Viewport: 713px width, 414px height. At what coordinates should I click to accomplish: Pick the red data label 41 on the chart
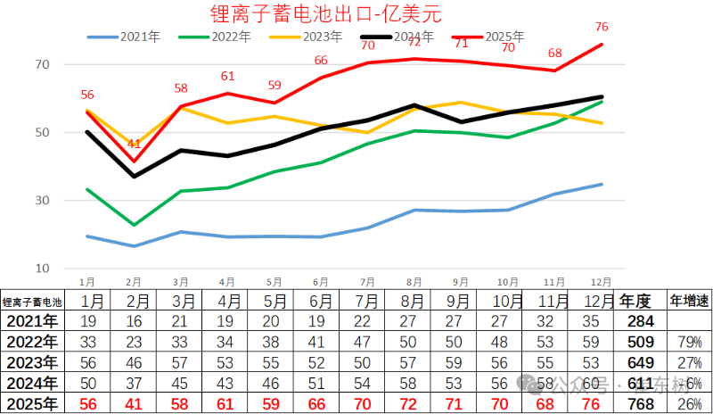tap(134, 144)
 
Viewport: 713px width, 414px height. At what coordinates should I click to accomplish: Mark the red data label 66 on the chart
tap(322, 60)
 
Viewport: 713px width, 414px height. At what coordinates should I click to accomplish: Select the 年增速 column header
tap(690, 301)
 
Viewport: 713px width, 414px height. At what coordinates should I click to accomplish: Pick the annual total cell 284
tap(640, 321)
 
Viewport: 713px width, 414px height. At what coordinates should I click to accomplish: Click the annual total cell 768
tap(640, 403)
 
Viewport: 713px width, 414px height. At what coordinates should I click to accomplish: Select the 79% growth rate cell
tap(691, 342)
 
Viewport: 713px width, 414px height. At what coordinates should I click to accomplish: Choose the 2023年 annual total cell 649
tap(640, 362)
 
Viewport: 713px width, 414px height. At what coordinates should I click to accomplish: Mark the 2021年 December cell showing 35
tap(592, 321)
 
